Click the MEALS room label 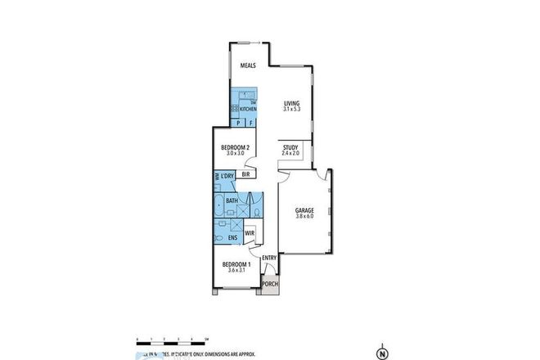pyautogui.click(x=248, y=67)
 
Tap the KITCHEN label pyautogui.click(x=248, y=108)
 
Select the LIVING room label pyautogui.click(x=292, y=102)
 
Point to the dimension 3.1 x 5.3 pyautogui.click(x=292, y=109)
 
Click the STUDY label pyautogui.click(x=290, y=147)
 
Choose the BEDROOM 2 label pyautogui.click(x=236, y=147)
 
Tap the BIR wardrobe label pyautogui.click(x=245, y=173)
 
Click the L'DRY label pyautogui.click(x=227, y=176)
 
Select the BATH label pyautogui.click(x=232, y=200)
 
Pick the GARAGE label pyautogui.click(x=305, y=210)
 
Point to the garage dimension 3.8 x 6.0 pyautogui.click(x=305, y=217)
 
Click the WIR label pyautogui.click(x=250, y=233)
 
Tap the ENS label pyautogui.click(x=232, y=238)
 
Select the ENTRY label pyautogui.click(x=269, y=258)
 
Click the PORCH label pyautogui.click(x=270, y=285)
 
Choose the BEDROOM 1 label pyautogui.click(x=236, y=264)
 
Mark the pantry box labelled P pyautogui.click(x=237, y=123)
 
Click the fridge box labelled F pyautogui.click(x=250, y=123)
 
